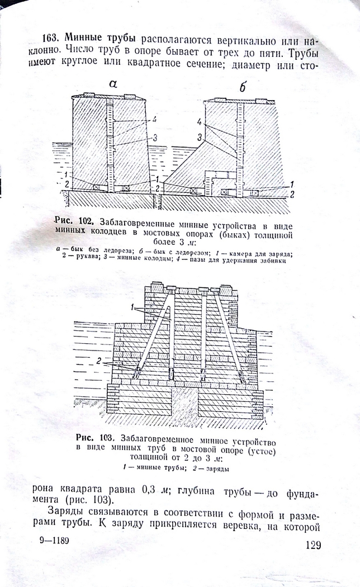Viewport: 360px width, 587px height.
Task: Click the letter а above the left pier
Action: (112, 84)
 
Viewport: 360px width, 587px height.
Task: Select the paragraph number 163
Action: (51, 38)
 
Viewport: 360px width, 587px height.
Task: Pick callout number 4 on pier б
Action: (200, 122)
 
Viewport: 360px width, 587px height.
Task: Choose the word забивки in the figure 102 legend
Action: (274, 261)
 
